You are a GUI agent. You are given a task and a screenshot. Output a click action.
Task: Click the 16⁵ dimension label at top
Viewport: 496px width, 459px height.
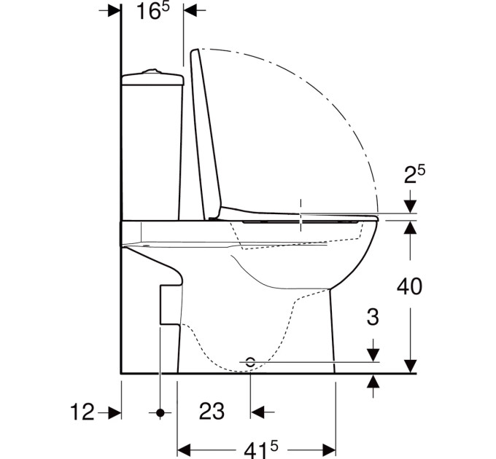pos(153,12)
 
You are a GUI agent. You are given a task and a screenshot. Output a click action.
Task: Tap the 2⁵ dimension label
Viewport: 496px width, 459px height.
pos(414,174)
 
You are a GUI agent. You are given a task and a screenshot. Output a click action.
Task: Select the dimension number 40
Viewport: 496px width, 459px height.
pos(409,287)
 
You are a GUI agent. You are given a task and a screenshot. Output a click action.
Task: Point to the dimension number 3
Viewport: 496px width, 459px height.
pos(373,317)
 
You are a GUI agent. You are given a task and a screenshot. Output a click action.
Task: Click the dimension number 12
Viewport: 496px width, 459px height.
pos(82,412)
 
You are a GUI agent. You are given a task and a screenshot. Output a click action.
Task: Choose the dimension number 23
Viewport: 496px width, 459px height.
pos(212,412)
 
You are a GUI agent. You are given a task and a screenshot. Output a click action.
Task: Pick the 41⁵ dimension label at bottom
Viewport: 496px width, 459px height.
pos(260,449)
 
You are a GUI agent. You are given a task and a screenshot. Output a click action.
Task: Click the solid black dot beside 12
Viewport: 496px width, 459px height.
pos(160,412)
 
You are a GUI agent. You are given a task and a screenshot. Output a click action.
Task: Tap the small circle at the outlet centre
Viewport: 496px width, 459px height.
pos(250,362)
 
